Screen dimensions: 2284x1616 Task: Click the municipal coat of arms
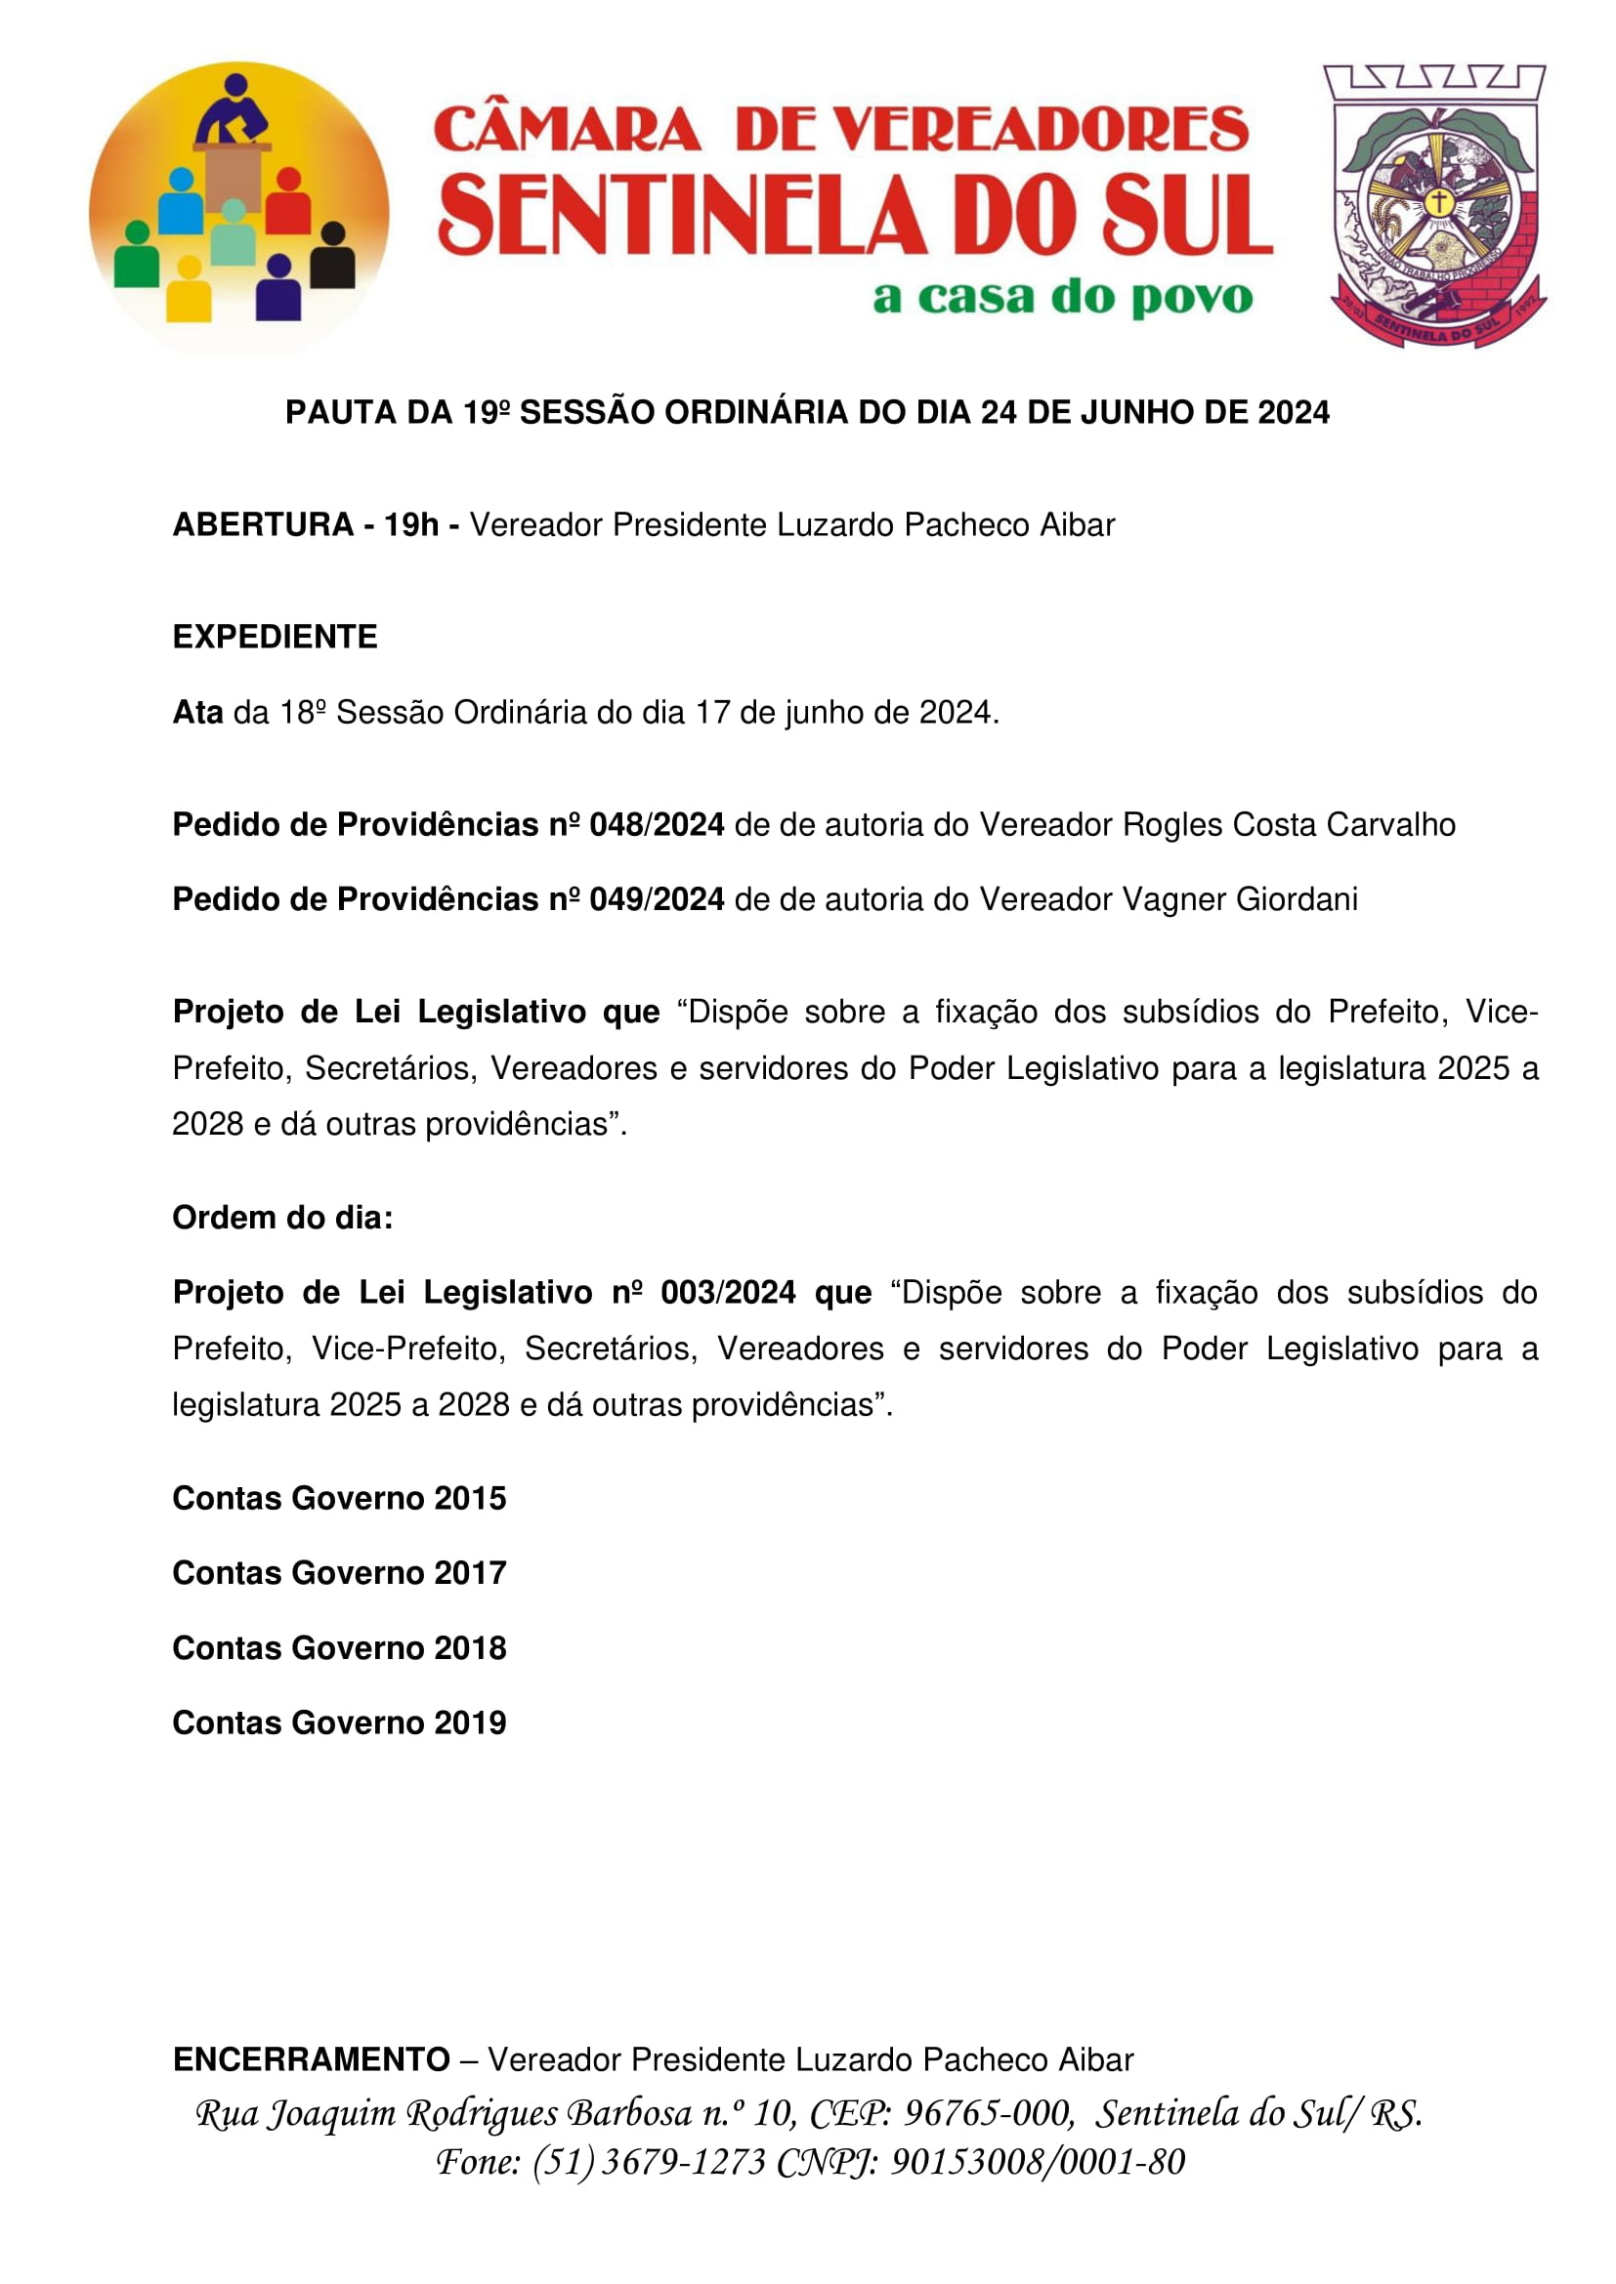click(1434, 206)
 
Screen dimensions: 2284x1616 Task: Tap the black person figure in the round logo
click(332, 258)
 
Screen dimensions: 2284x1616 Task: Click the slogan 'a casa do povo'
click(1062, 297)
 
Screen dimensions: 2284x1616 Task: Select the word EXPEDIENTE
click(275, 637)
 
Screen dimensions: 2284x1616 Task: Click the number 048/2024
click(657, 825)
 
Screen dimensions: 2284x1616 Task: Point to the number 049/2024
click(657, 899)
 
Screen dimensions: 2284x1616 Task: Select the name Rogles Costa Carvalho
click(1289, 825)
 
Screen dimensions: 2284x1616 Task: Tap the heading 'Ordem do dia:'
click(282, 1218)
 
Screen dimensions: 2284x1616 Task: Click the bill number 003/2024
click(729, 1292)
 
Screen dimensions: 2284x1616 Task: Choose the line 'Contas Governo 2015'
click(339, 1498)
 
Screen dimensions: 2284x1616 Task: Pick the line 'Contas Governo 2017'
click(339, 1573)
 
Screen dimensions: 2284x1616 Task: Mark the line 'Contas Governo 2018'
click(339, 1648)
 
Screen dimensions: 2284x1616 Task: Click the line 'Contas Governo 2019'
click(339, 1723)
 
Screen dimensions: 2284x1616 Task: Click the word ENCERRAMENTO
click(312, 2059)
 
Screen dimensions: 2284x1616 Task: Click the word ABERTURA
click(263, 524)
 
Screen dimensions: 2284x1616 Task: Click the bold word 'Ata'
click(197, 712)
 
